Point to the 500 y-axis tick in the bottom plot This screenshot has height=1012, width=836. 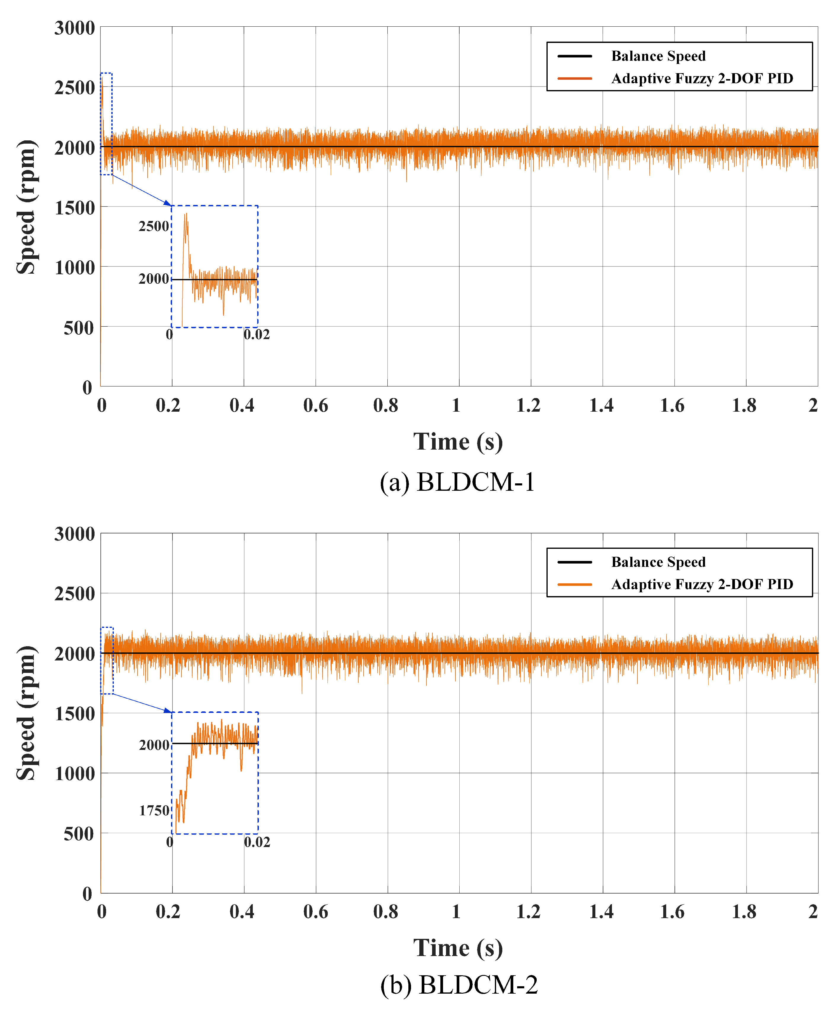(x=79, y=833)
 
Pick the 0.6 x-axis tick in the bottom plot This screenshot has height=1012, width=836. (x=315, y=911)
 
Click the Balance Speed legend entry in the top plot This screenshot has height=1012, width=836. (x=658, y=56)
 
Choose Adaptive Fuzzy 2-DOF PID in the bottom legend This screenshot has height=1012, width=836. (x=702, y=584)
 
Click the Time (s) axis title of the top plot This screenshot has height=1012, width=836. (x=458, y=442)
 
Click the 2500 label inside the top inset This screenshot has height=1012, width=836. (x=154, y=226)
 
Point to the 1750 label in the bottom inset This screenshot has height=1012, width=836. (x=154, y=811)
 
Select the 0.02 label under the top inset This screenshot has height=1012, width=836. (x=257, y=334)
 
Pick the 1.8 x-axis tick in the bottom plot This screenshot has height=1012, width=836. (x=744, y=911)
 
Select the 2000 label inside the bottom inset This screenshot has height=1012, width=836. (x=154, y=745)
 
